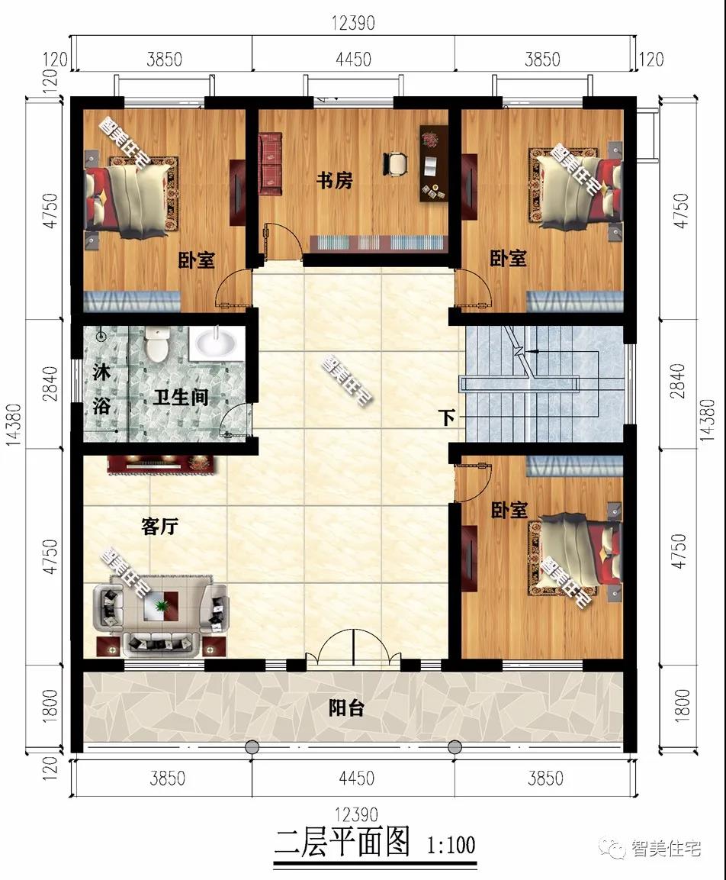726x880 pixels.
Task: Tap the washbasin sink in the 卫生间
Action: pos(216,343)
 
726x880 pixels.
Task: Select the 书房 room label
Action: pos(335,182)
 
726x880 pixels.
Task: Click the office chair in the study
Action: pos(396,163)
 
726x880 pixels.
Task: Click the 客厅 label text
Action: pos(160,527)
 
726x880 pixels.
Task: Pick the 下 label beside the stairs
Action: pos(448,418)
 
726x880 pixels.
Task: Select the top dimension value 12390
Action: pos(352,24)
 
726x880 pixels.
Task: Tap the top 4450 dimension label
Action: pos(352,59)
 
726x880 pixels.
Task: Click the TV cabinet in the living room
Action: pos(164,463)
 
